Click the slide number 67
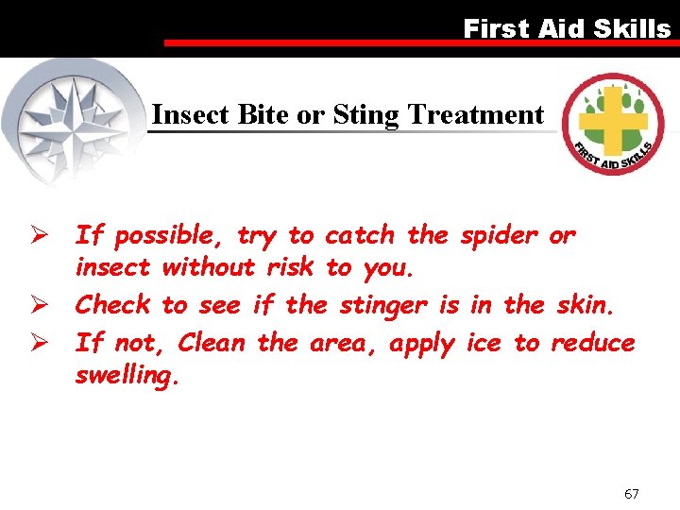632,493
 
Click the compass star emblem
76,121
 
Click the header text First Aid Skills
567,29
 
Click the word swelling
126,376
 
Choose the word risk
289,268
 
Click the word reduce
593,342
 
